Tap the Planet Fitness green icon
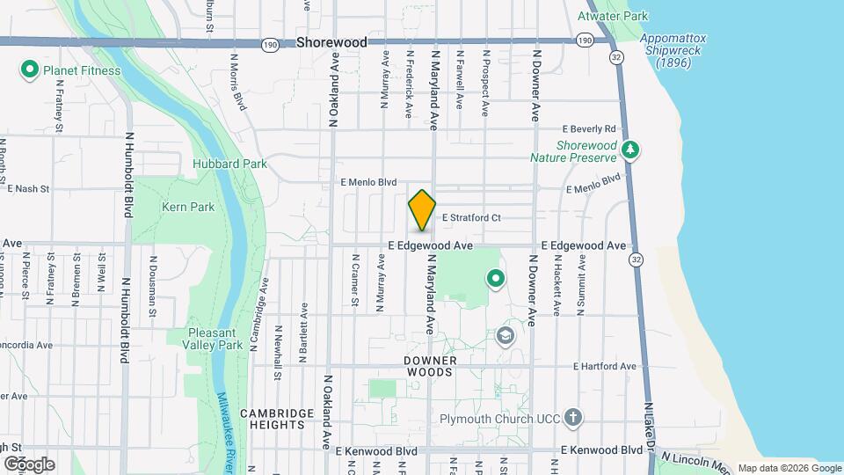pos(29,69)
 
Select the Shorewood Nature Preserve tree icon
pos(629,150)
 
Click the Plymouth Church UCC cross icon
pos(573,417)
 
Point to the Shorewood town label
pos(331,42)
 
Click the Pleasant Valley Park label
pos(215,339)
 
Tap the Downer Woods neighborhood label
pos(429,366)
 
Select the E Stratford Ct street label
pos(470,217)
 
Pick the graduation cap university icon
pos(506,335)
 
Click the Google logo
pos(29,464)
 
